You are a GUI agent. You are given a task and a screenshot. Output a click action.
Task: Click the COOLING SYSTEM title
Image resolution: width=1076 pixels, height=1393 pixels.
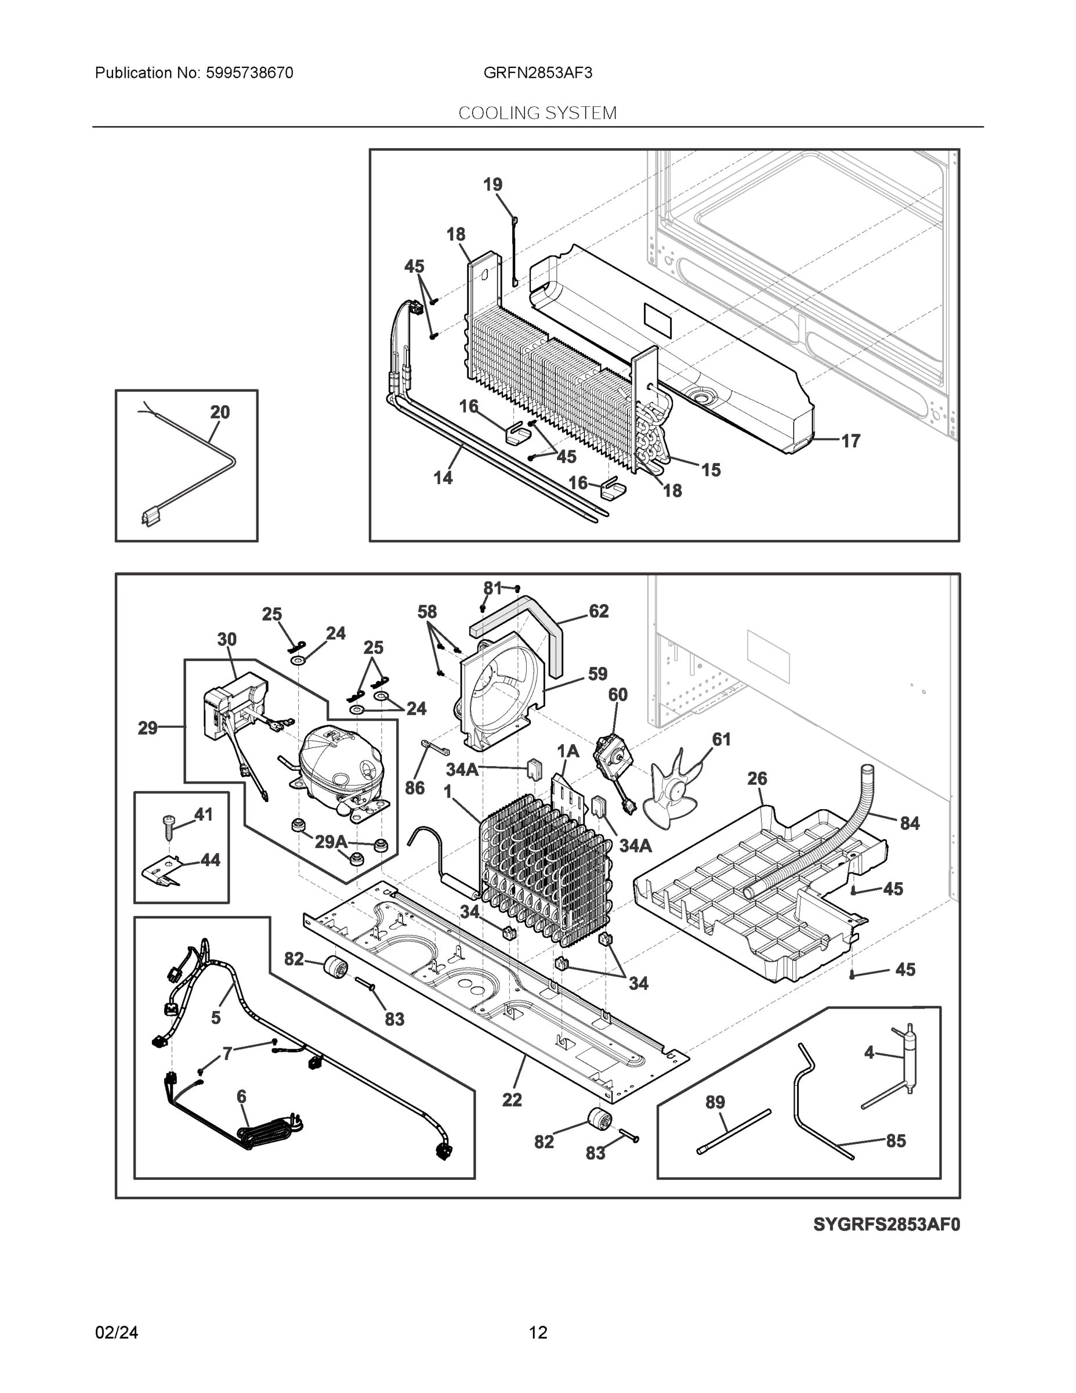(537, 113)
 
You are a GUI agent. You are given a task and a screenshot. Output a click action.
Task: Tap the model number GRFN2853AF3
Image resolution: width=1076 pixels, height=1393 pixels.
(537, 73)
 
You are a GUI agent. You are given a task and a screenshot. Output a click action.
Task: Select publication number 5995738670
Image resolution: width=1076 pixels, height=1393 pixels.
(249, 73)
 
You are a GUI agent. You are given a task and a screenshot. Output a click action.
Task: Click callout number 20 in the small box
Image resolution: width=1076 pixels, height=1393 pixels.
(220, 412)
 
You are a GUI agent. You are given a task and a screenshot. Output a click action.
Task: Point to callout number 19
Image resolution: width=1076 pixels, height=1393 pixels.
(492, 185)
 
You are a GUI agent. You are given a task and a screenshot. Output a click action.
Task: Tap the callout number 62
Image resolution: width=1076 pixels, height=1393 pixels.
(598, 611)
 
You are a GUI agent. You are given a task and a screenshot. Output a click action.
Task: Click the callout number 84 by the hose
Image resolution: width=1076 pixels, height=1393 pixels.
(909, 824)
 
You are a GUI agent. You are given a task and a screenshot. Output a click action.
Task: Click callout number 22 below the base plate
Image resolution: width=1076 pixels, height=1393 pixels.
(512, 1100)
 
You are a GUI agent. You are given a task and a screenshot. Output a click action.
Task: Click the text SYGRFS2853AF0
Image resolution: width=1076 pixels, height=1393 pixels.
(886, 1225)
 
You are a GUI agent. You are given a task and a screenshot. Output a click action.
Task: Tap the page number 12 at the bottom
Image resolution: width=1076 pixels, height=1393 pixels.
(537, 1333)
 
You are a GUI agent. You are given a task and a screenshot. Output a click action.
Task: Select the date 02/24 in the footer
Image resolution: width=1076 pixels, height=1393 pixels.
(117, 1333)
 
